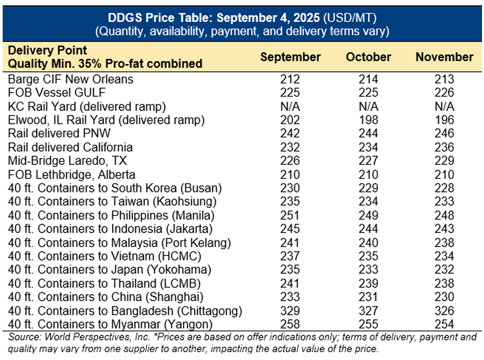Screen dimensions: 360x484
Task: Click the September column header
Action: [290, 57]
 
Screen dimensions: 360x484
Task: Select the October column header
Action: [369, 57]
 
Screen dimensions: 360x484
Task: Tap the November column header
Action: [444, 57]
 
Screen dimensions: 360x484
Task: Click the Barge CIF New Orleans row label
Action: [71, 79]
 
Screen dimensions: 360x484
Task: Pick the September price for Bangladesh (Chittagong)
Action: [290, 310]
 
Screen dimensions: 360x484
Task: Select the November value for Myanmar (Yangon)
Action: [444, 324]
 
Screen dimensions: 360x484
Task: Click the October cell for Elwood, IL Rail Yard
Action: [369, 120]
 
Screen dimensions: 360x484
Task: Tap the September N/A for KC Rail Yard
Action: [290, 106]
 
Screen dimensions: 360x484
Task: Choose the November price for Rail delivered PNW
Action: [444, 134]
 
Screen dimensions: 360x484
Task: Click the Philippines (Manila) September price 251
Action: [290, 215]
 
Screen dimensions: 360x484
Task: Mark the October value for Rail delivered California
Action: [369, 147]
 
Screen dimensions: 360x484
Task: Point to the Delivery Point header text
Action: [47, 51]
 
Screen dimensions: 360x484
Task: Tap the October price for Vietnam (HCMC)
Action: [369, 256]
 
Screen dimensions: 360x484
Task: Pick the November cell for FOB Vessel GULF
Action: [444, 92]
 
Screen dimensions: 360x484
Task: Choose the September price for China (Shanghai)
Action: [290, 297]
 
